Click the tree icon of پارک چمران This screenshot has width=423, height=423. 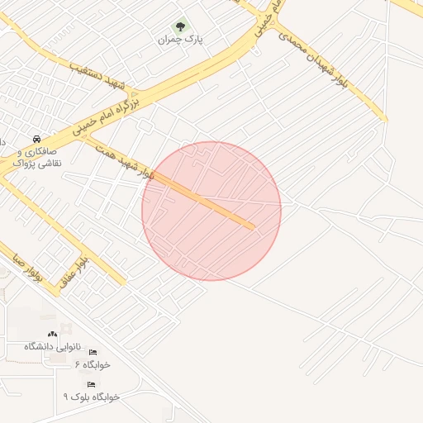pyautogui.click(x=181, y=26)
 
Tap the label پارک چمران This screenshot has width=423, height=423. pyautogui.click(x=182, y=39)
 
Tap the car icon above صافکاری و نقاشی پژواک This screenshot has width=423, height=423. pyautogui.click(x=36, y=139)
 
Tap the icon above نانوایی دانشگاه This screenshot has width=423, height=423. pyautogui.click(x=52, y=333)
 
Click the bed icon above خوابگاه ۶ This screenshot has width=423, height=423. pyautogui.click(x=92, y=352)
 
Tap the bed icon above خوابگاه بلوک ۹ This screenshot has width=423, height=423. pyautogui.click(x=91, y=384)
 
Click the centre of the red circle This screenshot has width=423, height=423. pyautogui.click(x=211, y=211)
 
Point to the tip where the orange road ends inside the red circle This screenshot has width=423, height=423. pyautogui.click(x=252, y=226)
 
